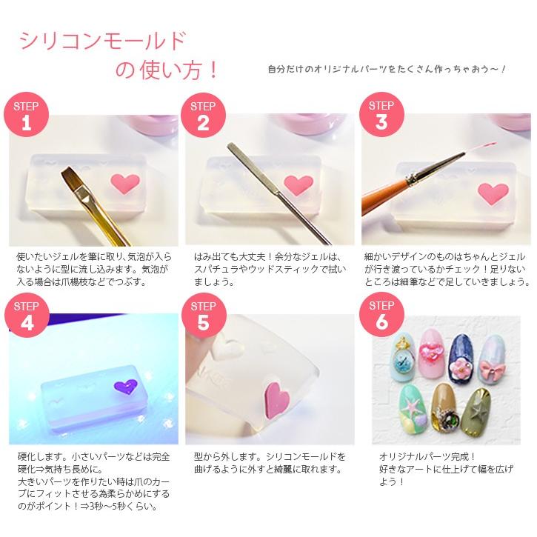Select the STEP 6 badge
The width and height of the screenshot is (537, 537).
coord(382,314)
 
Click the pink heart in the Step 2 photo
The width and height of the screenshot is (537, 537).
coord(298,182)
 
